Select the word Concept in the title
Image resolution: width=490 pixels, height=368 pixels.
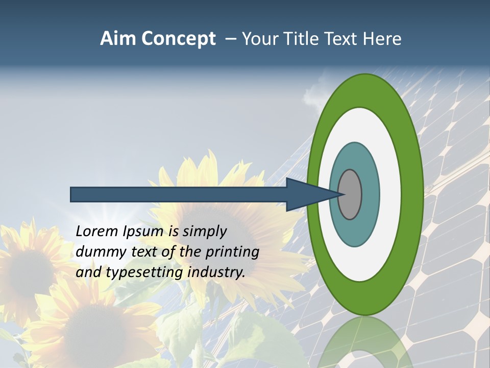pyautogui.click(x=179, y=39)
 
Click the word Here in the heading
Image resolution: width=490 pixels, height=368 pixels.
pyautogui.click(x=382, y=39)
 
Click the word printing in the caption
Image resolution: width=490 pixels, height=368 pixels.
pyautogui.click(x=232, y=252)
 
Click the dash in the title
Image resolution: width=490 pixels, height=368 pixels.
pyautogui.click(x=231, y=39)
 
